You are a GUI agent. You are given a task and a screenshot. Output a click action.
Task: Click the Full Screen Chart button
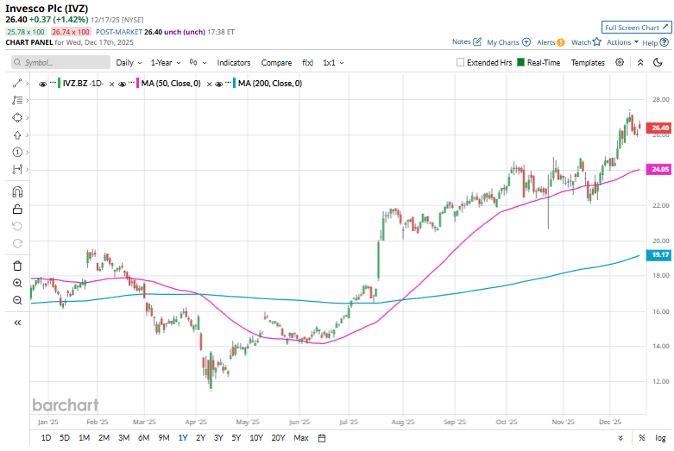[634, 28]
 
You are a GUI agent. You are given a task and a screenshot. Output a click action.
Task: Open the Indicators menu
[233, 63]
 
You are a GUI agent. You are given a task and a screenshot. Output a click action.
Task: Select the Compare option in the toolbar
[276, 63]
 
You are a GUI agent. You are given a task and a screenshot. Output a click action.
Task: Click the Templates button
[588, 63]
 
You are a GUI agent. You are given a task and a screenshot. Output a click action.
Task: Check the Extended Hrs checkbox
[461, 63]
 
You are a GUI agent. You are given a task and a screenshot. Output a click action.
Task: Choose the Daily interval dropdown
[128, 63]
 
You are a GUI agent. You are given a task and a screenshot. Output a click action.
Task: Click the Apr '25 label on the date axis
[197, 423]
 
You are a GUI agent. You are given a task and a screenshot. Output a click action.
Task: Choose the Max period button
[301, 438]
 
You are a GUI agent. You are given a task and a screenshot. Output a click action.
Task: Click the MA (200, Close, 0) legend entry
[268, 84]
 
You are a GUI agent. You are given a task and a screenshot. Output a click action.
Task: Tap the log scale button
[660, 438]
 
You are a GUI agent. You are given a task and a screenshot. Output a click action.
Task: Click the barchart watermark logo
[65, 404]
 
